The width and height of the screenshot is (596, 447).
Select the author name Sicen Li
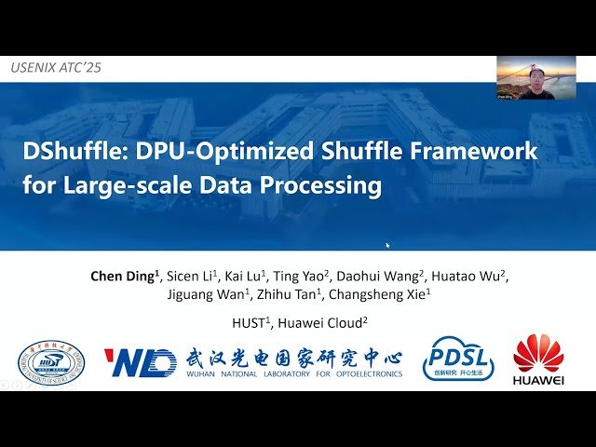[193, 276]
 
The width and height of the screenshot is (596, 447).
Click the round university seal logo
[51, 363]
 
